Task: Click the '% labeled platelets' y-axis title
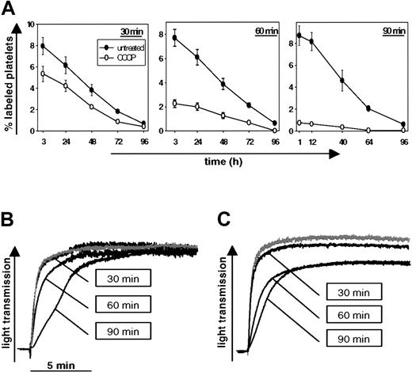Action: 11,81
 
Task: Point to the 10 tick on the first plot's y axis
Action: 29,24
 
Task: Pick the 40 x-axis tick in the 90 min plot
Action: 341,141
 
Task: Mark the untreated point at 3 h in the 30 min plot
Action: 42,46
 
